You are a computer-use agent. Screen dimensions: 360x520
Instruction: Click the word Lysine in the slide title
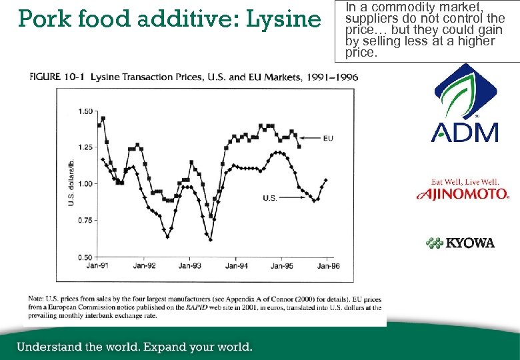tap(283, 19)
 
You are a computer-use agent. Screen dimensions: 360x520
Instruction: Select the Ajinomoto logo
tap(463, 190)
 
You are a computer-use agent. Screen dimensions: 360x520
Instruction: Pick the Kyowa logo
tap(461, 243)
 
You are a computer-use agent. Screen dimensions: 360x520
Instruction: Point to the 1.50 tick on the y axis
tap(85, 111)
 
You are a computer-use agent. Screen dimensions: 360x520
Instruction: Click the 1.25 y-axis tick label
tap(85, 147)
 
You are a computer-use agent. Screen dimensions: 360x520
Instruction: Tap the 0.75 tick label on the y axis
tap(85, 221)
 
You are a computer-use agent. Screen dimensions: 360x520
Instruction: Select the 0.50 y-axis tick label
tap(85, 257)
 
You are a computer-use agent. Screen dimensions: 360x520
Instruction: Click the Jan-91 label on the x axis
tap(97, 266)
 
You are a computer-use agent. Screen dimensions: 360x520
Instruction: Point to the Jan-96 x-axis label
tap(327, 266)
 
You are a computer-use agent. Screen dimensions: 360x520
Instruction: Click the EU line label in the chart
tap(327, 139)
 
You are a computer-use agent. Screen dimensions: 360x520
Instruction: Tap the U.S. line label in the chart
tap(269, 198)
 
